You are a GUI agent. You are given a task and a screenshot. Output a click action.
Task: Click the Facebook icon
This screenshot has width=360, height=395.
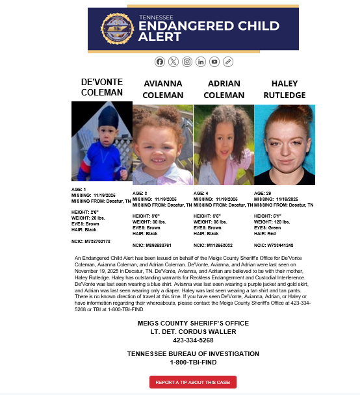(x=160, y=62)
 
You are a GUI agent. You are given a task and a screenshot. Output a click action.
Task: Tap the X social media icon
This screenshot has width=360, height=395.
(x=174, y=62)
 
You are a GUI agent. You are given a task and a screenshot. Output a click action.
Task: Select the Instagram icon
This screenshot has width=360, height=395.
(x=187, y=62)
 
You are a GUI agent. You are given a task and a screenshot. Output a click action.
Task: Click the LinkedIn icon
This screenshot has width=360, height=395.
(x=201, y=62)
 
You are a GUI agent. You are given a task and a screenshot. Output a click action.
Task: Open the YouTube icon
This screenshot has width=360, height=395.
(x=214, y=62)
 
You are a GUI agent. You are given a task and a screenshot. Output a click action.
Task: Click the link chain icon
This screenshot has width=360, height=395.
(x=228, y=62)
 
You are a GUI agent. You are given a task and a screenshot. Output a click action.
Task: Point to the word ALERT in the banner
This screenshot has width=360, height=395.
(x=159, y=37)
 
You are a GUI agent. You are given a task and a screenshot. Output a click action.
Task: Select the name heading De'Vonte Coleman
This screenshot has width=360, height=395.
(x=101, y=87)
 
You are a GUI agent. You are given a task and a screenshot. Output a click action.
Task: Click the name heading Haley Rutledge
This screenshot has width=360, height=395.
(x=284, y=89)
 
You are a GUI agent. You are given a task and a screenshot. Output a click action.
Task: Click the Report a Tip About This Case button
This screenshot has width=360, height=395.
(x=193, y=382)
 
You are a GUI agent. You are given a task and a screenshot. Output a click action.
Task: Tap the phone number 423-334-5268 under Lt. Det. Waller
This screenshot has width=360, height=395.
(x=193, y=340)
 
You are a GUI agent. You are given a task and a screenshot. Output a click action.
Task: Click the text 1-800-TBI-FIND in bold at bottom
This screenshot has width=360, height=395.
(x=193, y=362)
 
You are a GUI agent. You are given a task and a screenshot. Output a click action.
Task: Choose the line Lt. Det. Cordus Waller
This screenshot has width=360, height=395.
(x=193, y=331)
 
